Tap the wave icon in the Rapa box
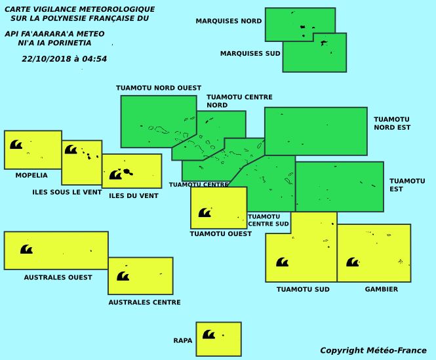[x=208, y=334]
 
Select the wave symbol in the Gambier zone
[x=353, y=262]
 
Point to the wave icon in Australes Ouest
[x=26, y=249]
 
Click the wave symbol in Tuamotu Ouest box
[x=205, y=212]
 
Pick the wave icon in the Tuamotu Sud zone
[x=282, y=262]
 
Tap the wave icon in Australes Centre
[x=123, y=276]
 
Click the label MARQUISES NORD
[x=229, y=21]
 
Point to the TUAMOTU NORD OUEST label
[x=159, y=88]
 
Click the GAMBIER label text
[x=382, y=289]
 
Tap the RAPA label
[x=183, y=341]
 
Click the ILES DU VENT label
[x=134, y=195]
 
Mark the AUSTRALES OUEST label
[x=58, y=277]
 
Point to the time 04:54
[x=95, y=58]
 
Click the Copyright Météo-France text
[x=373, y=351]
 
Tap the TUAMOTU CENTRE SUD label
[x=268, y=220]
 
